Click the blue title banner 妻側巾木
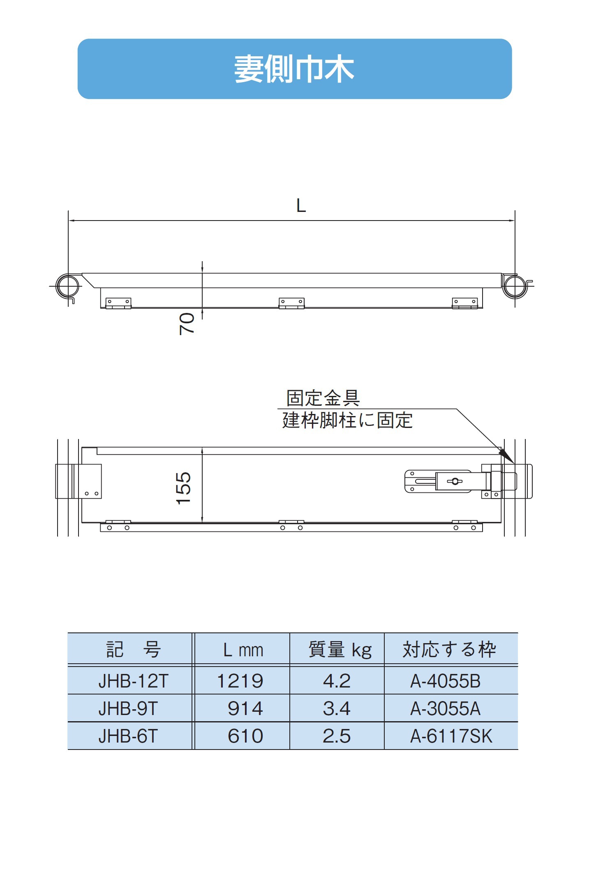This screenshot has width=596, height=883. pyautogui.click(x=294, y=69)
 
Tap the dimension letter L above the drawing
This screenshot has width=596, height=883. pyautogui.click(x=301, y=205)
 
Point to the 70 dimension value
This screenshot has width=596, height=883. pyautogui.click(x=187, y=324)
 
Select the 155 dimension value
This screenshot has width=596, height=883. pyautogui.click(x=183, y=488)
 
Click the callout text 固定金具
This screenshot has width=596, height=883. pyautogui.click(x=323, y=398)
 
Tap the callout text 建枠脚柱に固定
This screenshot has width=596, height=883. pyautogui.click(x=347, y=420)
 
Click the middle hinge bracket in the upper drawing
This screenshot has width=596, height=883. pyautogui.click(x=291, y=303)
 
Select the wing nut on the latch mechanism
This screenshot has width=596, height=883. pyautogui.click(x=455, y=481)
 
